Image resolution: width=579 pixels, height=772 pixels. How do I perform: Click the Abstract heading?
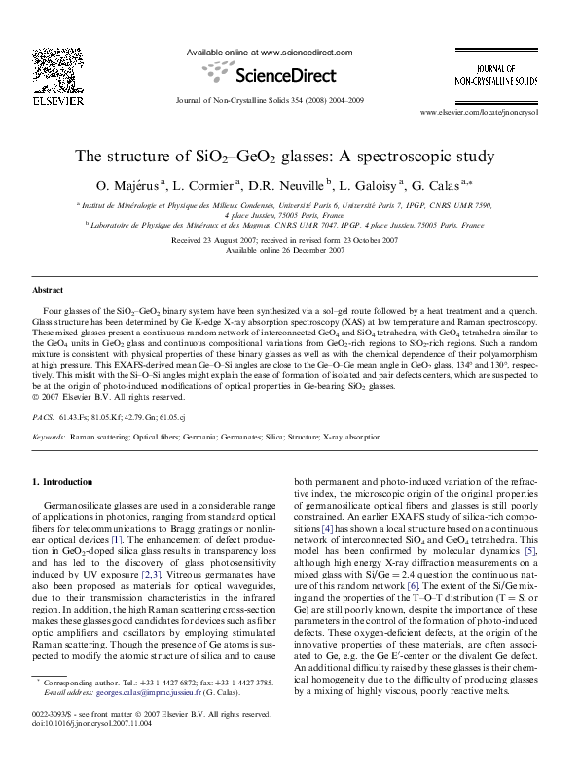pyautogui.click(x=48, y=291)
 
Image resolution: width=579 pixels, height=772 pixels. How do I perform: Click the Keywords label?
pyautogui.click(x=50, y=438)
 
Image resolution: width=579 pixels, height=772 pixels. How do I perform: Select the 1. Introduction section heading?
pyautogui.click(x=63, y=482)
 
